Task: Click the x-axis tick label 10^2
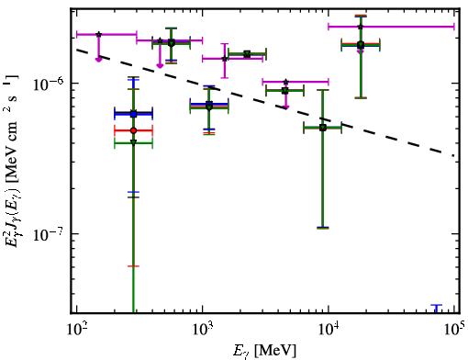point(76,329)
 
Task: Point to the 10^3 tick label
point(203,329)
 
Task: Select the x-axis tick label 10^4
point(329,329)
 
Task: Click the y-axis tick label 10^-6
point(49,84)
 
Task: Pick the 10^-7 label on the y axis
point(49,233)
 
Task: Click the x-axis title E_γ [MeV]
point(264,351)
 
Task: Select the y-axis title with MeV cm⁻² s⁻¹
point(12,159)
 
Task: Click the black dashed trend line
point(265,103)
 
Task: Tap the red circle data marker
point(133,130)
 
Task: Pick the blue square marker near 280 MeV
point(133,114)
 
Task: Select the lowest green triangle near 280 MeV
point(133,142)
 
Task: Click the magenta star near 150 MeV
point(98,34)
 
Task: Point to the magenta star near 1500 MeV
point(225,59)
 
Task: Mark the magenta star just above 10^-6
point(285,82)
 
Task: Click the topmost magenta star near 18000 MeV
point(361,27)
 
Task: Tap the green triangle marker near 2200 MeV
point(247,54)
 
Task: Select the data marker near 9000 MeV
point(323,128)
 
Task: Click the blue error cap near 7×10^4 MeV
point(437,305)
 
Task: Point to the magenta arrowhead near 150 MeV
point(98,60)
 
